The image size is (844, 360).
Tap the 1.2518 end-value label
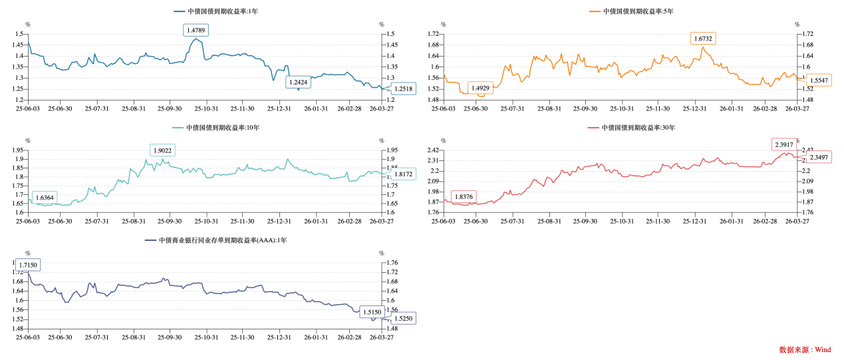coord(403,89)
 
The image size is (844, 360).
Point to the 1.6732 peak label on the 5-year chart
coord(703,39)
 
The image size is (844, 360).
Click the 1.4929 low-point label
coord(480,88)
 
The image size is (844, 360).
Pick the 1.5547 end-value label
coord(819,80)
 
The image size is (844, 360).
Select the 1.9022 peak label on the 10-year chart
coord(162,150)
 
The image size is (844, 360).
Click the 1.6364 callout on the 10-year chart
coord(45,198)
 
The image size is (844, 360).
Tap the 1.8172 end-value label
coord(403,174)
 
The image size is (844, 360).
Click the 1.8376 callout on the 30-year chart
coord(463,196)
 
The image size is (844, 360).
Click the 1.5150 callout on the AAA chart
coord(372,311)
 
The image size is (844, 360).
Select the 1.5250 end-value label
coord(403,318)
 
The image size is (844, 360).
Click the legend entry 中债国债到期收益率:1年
coord(216,11)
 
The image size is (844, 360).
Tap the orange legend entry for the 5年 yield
coord(632,11)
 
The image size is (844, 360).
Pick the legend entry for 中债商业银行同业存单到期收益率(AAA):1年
coord(217,240)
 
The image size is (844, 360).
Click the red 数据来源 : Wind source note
coord(805,349)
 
